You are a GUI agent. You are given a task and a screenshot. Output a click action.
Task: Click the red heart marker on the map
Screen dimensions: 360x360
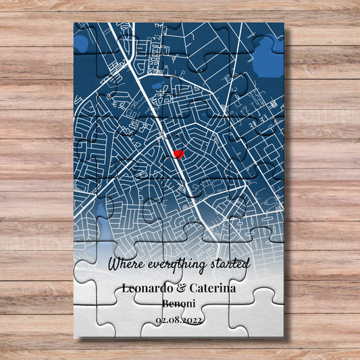178,155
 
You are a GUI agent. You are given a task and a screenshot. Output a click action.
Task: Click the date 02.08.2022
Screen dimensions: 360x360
179,320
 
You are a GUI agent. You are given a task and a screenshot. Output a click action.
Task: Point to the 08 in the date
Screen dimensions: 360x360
175,320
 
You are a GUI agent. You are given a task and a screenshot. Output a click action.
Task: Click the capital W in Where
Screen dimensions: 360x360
112,262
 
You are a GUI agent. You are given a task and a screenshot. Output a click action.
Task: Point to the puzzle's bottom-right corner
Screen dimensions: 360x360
283,335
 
